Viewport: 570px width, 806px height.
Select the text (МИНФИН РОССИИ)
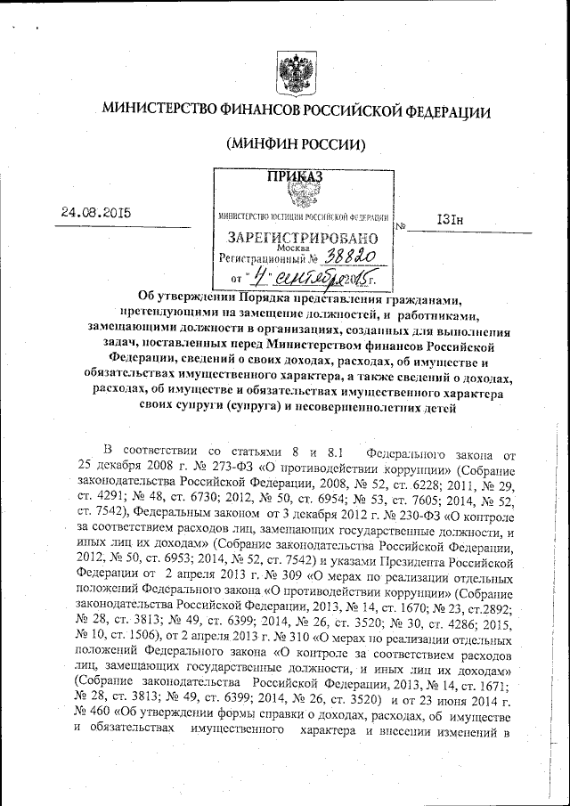[x=296, y=144]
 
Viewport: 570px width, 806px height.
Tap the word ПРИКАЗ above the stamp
[x=295, y=176]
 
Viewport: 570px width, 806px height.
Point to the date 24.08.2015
[x=95, y=213]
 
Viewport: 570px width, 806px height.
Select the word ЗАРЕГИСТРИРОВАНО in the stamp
[x=303, y=238]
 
